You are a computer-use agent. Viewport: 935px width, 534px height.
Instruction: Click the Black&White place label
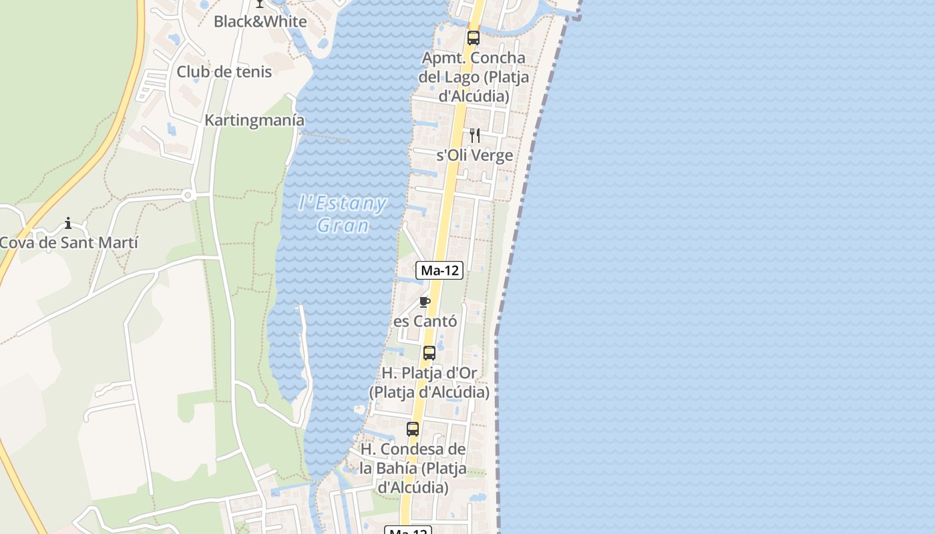coord(260,21)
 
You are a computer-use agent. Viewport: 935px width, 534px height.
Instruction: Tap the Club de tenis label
coord(224,71)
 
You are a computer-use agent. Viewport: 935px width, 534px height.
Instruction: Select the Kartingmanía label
coord(254,121)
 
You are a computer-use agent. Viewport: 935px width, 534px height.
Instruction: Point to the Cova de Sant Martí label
coord(68,242)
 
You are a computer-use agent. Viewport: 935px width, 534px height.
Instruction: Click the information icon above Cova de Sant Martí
coord(67,223)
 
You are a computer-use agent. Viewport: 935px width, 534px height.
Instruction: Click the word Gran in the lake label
coord(343,226)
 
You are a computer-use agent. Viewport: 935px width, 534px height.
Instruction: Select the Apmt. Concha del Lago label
coord(474,77)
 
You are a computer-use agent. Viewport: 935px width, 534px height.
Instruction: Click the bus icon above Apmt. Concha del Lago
coord(474,37)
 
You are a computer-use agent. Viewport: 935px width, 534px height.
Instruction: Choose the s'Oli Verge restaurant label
coord(474,156)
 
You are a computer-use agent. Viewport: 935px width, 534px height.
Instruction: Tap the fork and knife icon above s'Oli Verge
coord(474,136)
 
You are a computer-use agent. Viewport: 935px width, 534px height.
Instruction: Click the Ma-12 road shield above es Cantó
coord(439,270)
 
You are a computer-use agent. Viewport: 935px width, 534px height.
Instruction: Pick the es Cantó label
coord(425,321)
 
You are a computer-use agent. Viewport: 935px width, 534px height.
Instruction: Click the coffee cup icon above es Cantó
coord(425,302)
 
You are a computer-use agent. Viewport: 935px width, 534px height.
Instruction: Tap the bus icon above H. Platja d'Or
coord(429,352)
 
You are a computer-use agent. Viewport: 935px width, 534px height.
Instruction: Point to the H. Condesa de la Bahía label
coord(413,468)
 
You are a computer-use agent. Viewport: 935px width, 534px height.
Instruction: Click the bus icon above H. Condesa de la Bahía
coord(413,429)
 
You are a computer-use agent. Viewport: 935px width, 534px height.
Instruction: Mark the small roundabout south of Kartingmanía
coord(188,196)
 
